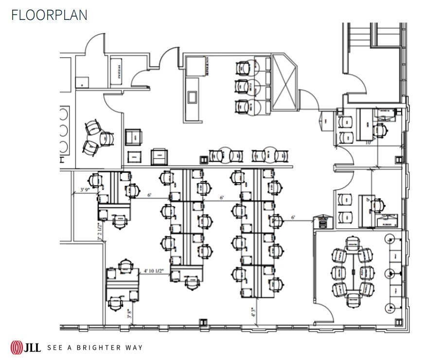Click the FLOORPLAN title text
coord(49,15)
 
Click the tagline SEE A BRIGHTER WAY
coord(95,347)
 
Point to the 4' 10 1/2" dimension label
coord(154,270)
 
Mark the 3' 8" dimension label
coord(130,313)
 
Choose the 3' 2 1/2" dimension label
coord(100,232)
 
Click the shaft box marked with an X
coord(284,83)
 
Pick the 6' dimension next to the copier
coord(293,217)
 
